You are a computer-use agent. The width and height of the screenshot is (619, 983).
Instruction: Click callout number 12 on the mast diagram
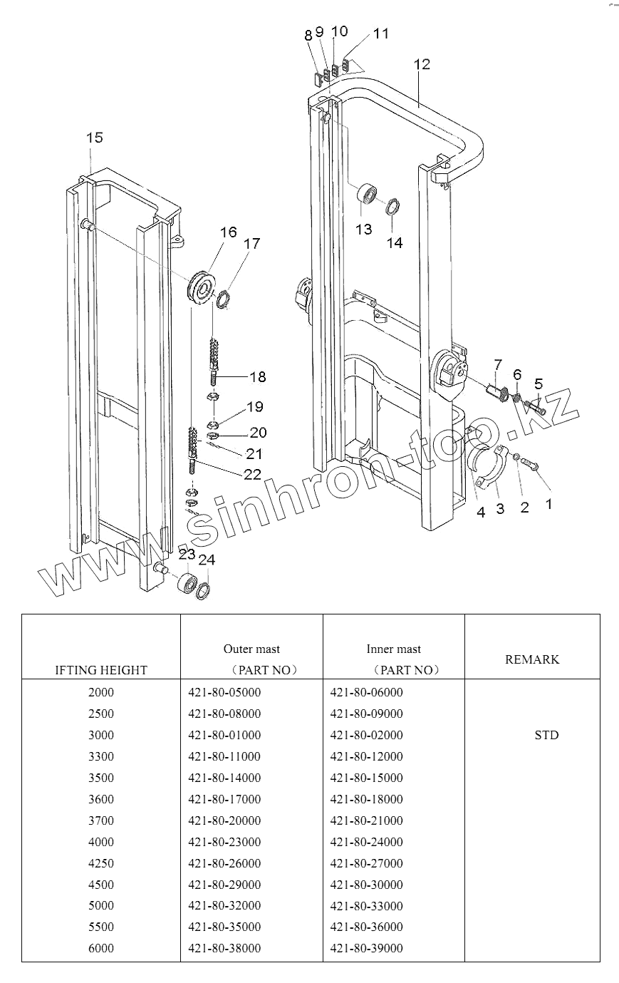pyautogui.click(x=422, y=64)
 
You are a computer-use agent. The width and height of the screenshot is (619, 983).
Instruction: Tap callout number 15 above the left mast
pyautogui.click(x=95, y=138)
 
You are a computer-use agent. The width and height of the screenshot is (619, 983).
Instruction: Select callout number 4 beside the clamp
pyautogui.click(x=481, y=511)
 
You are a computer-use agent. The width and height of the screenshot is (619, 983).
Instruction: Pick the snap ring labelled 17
pyautogui.click(x=223, y=297)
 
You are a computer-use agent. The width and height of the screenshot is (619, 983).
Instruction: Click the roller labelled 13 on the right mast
pyautogui.click(x=368, y=195)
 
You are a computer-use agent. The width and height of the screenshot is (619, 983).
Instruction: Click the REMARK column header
pyautogui.click(x=532, y=659)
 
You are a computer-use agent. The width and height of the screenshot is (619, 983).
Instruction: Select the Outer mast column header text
pyautogui.click(x=251, y=649)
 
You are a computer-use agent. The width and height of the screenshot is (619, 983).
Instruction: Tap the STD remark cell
pyautogui.click(x=546, y=735)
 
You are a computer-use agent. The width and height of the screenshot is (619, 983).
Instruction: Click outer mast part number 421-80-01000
pyautogui.click(x=224, y=735)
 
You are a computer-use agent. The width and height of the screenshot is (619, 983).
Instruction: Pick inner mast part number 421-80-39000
pyautogui.click(x=367, y=948)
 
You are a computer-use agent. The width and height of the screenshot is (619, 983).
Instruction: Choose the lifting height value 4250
pyautogui.click(x=100, y=863)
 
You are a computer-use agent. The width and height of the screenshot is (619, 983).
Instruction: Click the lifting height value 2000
pyautogui.click(x=100, y=692)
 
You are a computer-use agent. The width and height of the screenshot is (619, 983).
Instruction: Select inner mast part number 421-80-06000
pyautogui.click(x=367, y=692)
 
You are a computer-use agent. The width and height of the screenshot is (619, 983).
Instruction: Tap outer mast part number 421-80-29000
pyautogui.click(x=224, y=885)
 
